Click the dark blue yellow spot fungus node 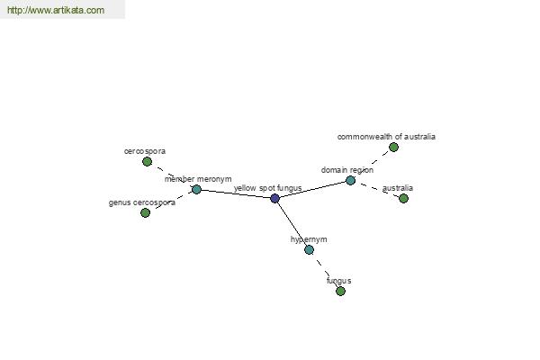coord(274,198)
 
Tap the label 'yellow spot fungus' coord(267,188)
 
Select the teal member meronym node coord(196,189)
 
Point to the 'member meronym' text coord(198,179)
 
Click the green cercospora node coord(147,161)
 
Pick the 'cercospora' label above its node coord(145,151)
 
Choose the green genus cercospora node coord(145,212)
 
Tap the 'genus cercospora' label coord(142,202)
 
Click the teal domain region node coord(350,180)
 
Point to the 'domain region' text coord(347,169)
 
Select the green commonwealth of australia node coord(393,147)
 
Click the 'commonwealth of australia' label coord(386,137)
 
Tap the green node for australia coord(403,198)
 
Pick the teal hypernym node coord(309,249)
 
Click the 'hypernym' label coord(309,239)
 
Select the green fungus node coord(340,291)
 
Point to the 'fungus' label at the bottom coord(338,281)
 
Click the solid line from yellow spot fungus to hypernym coord(292,223)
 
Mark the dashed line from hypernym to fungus coord(325,270)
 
